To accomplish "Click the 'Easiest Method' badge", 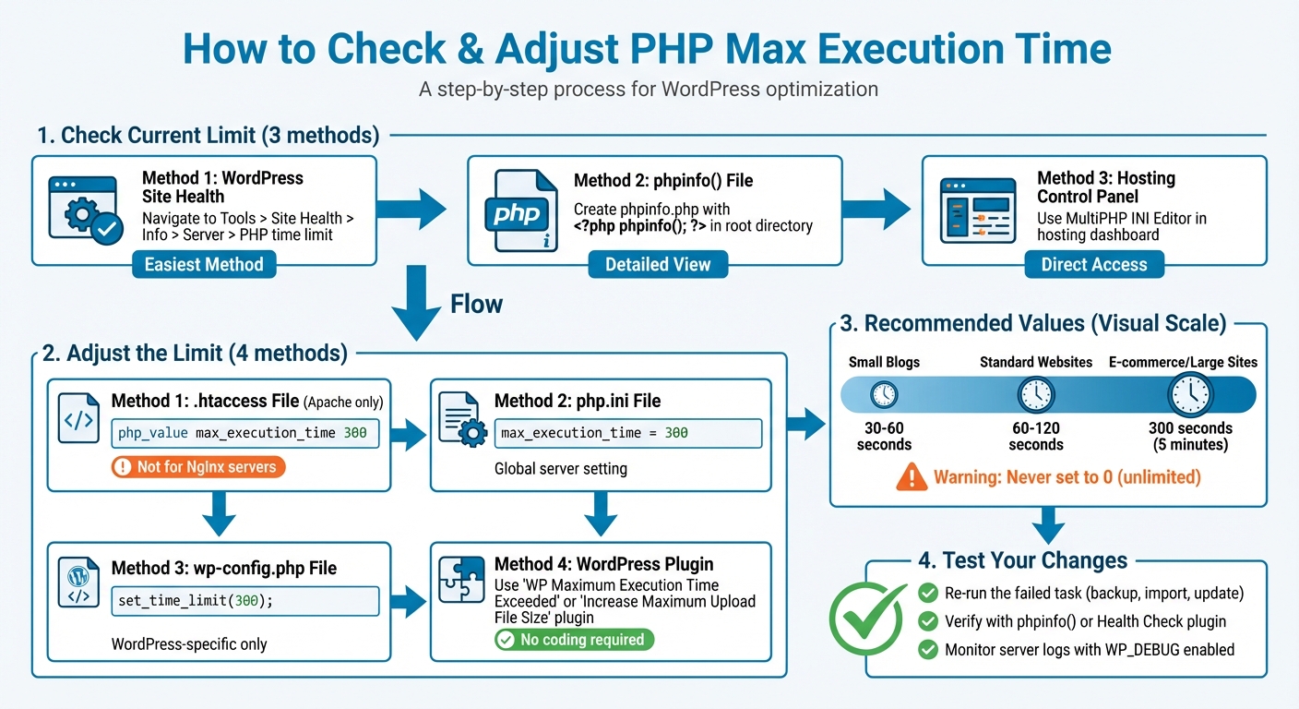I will (204, 265).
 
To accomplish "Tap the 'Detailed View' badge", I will (658, 265).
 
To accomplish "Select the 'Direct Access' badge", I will (1094, 265).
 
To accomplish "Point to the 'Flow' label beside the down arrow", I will (476, 304).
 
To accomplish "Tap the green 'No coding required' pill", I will (573, 640).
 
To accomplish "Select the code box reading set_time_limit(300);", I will (245, 601).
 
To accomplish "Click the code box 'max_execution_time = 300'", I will (628, 433).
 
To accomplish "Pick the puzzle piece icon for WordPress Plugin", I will (462, 579).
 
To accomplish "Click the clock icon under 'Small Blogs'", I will (884, 396).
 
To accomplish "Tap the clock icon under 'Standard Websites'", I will (1035, 396).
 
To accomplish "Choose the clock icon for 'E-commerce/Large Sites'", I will (1189, 396).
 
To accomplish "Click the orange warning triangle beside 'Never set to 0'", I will (912, 477).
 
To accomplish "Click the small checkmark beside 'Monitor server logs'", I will (928, 650).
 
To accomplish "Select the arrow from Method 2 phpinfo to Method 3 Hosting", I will (877, 209).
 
